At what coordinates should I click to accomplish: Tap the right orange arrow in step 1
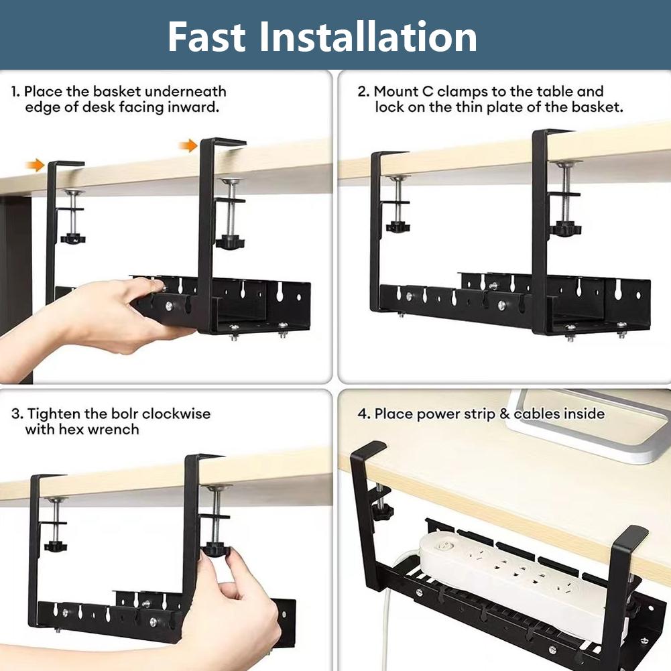click(x=190, y=145)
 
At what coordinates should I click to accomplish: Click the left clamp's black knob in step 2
click(x=398, y=227)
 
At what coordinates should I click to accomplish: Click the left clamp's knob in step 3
click(x=55, y=547)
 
